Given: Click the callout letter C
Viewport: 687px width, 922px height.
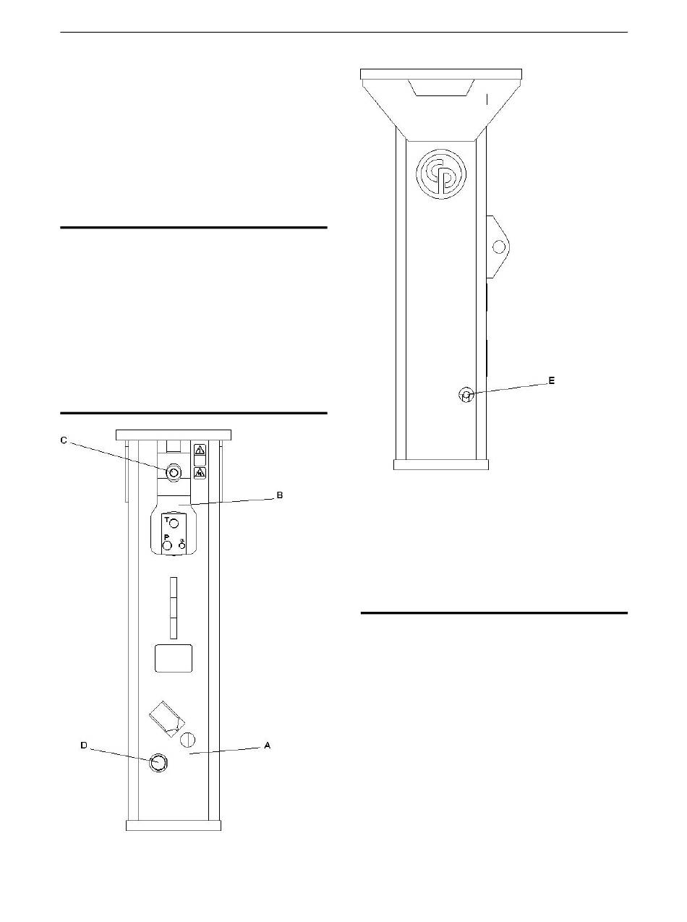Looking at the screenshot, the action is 64,440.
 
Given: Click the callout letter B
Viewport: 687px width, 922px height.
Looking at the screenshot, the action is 280,495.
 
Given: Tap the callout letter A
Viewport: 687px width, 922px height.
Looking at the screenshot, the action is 268,746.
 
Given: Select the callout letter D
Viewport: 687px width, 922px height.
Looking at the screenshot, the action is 84,746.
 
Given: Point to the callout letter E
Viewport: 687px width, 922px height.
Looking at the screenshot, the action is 552,380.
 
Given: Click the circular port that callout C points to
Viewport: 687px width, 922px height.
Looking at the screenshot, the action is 174,472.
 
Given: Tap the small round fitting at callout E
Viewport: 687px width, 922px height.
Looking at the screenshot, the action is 466,395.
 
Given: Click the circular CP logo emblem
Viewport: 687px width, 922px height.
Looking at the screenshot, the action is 441,174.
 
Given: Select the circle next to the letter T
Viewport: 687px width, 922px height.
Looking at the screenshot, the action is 174,523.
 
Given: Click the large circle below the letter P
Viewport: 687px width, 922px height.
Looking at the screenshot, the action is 167,545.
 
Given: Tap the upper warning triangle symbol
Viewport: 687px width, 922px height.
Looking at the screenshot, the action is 200,450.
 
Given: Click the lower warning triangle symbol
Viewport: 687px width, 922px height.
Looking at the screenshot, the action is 200,473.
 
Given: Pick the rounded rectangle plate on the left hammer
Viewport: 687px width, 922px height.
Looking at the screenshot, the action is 174,659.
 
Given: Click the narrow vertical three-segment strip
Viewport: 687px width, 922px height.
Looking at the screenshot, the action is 174,607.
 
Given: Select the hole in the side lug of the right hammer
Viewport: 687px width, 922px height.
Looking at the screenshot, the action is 498,247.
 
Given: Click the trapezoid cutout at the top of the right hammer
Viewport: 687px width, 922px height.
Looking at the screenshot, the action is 441,87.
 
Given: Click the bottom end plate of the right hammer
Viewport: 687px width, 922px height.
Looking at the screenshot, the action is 441,464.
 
